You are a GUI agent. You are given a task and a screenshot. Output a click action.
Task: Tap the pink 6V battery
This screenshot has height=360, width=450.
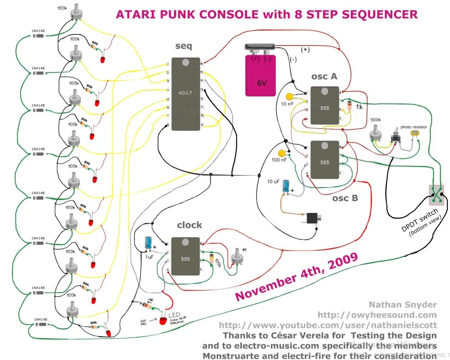[x=261, y=75]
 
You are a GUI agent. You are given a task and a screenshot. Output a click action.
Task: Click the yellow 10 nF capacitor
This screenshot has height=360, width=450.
[x=290, y=96]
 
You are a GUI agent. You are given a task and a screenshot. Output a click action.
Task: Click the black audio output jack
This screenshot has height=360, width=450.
[x=311, y=218]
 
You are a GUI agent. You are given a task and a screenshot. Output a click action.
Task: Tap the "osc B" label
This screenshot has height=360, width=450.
[x=345, y=198]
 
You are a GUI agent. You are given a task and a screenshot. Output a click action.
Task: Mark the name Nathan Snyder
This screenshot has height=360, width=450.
[x=403, y=305]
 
